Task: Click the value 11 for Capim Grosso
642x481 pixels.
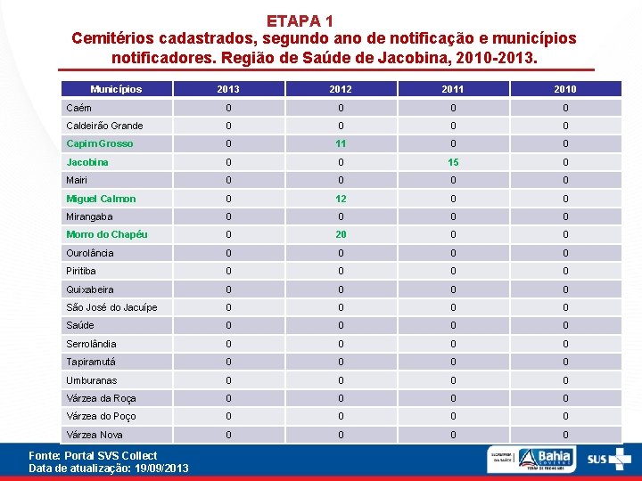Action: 340,143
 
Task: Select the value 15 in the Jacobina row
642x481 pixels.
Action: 452,162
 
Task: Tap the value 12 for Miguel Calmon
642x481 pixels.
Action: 340,199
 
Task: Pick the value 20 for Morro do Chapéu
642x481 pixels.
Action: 340,235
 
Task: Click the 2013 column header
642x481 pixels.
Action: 228,89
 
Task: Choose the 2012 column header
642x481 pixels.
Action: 340,89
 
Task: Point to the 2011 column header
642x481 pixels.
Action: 452,89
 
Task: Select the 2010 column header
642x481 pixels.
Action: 564,89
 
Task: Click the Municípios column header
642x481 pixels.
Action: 116,89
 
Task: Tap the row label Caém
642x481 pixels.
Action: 78,108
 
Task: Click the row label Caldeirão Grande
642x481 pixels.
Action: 104,126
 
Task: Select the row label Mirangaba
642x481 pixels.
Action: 89,216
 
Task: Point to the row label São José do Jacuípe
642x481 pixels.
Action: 111,307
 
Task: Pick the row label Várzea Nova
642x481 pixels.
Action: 95,435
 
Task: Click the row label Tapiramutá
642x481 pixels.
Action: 91,362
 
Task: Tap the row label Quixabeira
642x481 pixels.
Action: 90,289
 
